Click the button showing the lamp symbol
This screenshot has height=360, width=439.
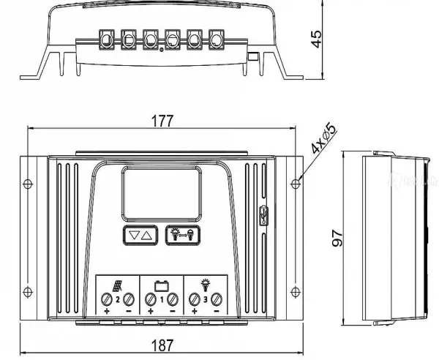[x=182, y=236]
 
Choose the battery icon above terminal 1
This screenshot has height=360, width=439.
[x=161, y=285]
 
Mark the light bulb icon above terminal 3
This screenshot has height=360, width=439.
[x=205, y=284]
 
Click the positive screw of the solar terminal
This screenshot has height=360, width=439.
[x=108, y=299]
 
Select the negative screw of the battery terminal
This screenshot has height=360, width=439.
[x=173, y=299]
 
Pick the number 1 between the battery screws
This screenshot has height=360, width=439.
[x=162, y=300]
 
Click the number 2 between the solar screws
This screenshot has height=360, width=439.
[x=118, y=300]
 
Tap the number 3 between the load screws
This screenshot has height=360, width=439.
[x=206, y=300]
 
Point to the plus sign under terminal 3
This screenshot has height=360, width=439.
[x=195, y=312]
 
